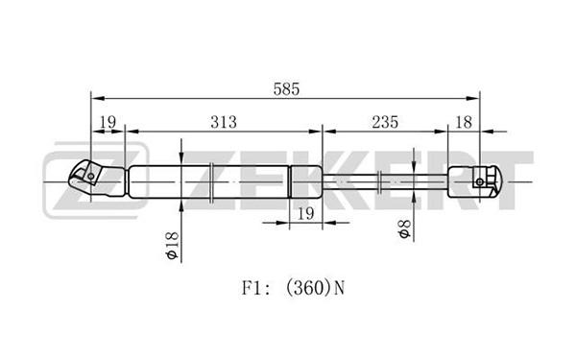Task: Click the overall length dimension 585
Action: pyautogui.click(x=286, y=89)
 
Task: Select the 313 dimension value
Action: pyautogui.click(x=224, y=122)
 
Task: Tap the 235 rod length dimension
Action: pyautogui.click(x=385, y=122)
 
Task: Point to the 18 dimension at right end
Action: pyautogui.click(x=464, y=122)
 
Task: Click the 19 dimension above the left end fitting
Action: pyautogui.click(x=108, y=122)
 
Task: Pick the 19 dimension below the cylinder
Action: pyautogui.click(x=305, y=213)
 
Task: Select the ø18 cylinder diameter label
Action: pyautogui.click(x=172, y=246)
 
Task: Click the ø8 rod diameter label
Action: pyautogui.click(x=404, y=228)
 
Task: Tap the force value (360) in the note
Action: pyautogui.click(x=309, y=288)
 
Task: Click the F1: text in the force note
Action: pyautogui.click(x=256, y=288)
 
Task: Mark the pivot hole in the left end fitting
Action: pyautogui.click(x=91, y=177)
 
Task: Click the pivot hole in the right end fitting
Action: pyautogui.click(x=479, y=181)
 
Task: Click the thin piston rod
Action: pyautogui.click(x=385, y=181)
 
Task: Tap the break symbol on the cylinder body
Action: pyautogui.click(x=211, y=181)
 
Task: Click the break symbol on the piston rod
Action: pyautogui.click(x=379, y=181)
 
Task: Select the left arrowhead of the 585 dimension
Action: pyautogui.click(x=98, y=99)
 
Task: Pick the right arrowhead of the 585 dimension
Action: pyautogui.click(x=472, y=99)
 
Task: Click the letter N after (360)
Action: pyautogui.click(x=340, y=288)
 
